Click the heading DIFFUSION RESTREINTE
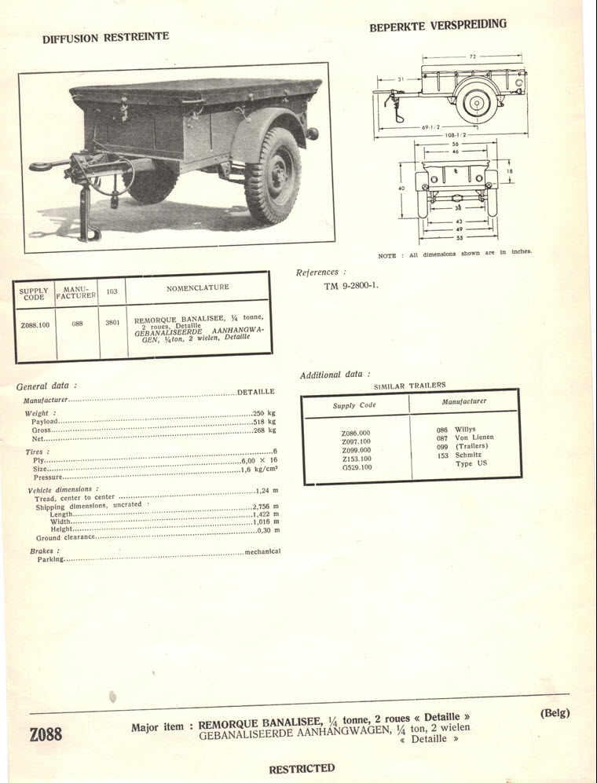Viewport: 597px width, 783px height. click(105, 37)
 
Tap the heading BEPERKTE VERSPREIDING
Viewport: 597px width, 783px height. click(438, 25)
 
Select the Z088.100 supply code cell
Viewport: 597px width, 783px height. click(35, 323)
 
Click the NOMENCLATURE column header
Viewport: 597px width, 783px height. click(197, 287)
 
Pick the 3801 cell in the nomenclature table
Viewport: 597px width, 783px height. click(112, 322)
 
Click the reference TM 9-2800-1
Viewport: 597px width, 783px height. click(351, 285)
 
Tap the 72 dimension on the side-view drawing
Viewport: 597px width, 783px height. click(474, 57)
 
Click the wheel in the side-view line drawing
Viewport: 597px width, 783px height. click(476, 102)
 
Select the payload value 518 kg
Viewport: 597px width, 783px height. click(264, 422)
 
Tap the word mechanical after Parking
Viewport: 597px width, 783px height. click(262, 551)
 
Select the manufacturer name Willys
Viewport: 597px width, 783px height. click(465, 430)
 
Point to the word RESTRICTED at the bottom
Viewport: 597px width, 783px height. click(302, 768)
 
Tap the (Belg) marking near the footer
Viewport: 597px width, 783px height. click(555, 713)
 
